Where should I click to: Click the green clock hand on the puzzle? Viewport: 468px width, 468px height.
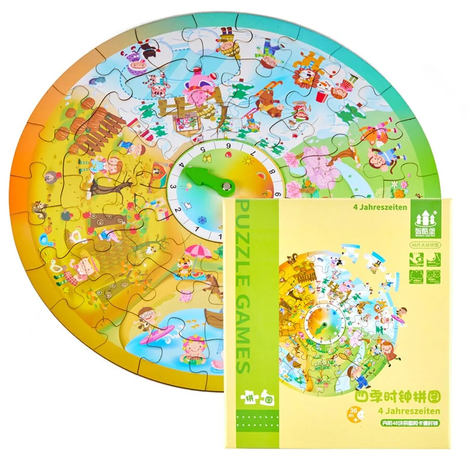[x=200, y=176]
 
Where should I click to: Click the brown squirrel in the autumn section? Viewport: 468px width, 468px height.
[x=38, y=210]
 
